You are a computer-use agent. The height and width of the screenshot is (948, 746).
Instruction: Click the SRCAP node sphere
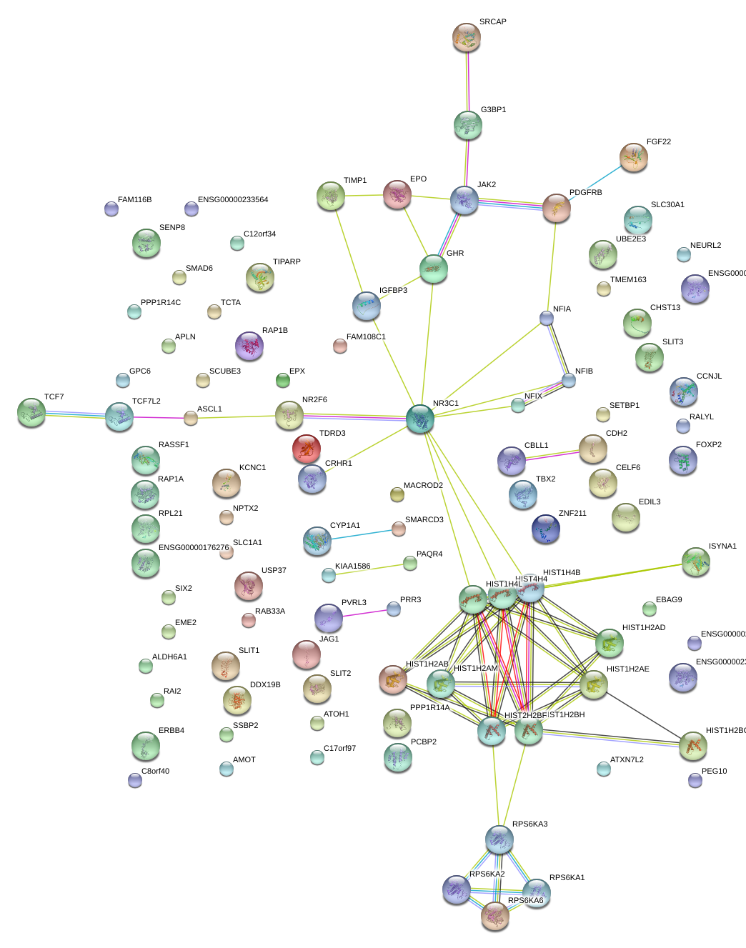coord(467,38)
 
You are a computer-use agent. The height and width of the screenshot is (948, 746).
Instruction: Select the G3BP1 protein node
coord(468,125)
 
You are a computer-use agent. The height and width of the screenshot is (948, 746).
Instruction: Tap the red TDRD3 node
coord(307,449)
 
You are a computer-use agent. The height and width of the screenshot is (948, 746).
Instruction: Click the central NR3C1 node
coord(420,419)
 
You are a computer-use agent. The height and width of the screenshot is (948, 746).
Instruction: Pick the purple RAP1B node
coord(249,346)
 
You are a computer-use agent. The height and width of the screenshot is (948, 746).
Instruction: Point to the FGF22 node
coord(633,157)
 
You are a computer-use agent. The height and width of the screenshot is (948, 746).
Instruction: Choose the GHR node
coord(434,269)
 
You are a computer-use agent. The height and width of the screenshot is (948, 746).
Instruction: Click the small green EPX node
coord(283,380)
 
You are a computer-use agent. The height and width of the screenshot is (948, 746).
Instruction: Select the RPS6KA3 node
coord(499,839)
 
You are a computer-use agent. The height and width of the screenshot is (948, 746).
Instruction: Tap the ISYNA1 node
coord(695,562)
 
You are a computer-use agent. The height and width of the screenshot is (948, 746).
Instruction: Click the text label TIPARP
coord(287,262)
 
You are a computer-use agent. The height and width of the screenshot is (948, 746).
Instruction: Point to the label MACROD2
coord(423,486)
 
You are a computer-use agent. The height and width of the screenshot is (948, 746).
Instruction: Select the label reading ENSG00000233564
coord(233,200)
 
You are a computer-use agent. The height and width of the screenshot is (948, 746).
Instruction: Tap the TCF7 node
coord(31,412)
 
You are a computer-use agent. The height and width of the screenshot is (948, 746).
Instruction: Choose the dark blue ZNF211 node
coord(546,529)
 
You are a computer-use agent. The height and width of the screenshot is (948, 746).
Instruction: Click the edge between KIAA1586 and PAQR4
coord(369,569)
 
